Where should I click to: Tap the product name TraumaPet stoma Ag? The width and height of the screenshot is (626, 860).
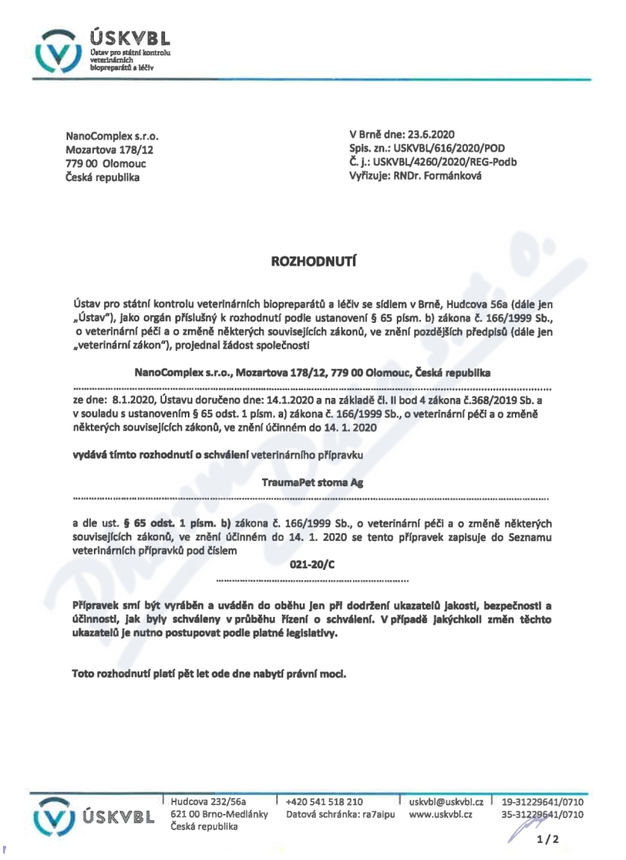click(x=311, y=484)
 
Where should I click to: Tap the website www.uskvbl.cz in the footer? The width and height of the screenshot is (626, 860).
click(x=440, y=815)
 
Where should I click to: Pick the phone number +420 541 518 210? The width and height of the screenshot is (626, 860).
click(x=325, y=801)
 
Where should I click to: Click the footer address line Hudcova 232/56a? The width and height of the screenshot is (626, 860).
click(x=208, y=801)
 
